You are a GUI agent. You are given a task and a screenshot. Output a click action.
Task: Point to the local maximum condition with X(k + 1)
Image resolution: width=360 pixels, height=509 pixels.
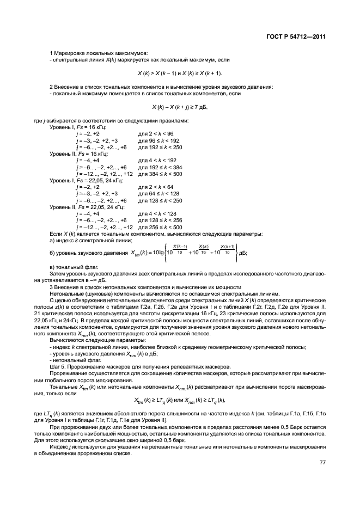coord(180,73)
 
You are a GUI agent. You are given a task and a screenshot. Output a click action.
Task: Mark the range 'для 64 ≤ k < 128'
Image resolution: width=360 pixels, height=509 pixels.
coord(158,194)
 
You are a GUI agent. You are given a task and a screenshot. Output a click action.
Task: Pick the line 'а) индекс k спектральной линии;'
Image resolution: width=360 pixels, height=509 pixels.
coord(91,241)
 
